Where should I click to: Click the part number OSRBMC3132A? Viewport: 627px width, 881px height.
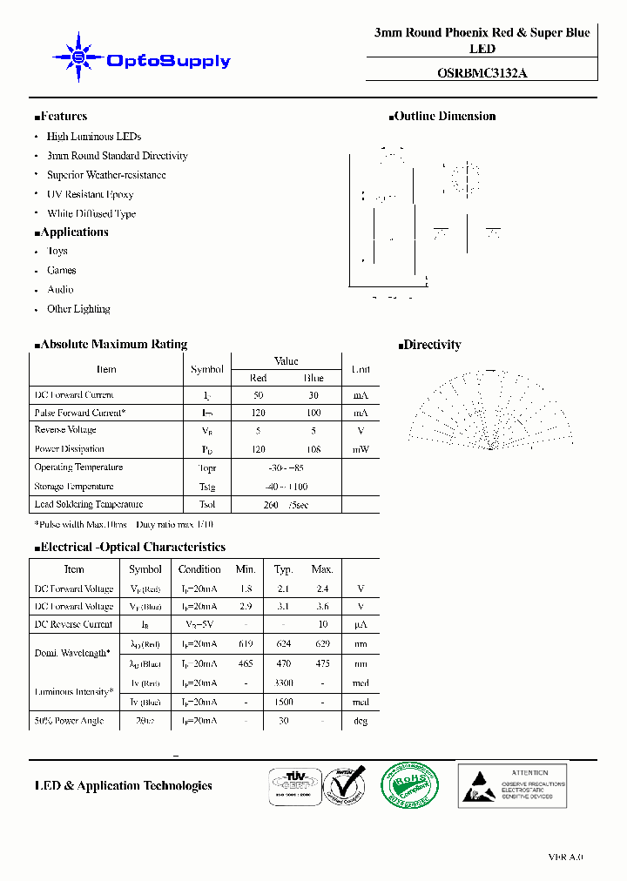(482, 74)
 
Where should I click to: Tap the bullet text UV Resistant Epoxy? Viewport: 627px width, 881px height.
(90, 194)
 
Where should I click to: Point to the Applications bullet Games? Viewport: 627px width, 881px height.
(61, 271)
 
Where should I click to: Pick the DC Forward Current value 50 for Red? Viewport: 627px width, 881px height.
(259, 395)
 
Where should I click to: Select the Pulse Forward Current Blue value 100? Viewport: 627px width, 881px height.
(313, 413)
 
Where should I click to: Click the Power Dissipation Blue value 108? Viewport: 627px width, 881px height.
(313, 449)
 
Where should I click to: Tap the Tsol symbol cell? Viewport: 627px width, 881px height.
(207, 505)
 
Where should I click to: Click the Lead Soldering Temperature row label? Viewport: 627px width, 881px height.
(88, 505)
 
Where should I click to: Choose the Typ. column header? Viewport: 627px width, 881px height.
(284, 569)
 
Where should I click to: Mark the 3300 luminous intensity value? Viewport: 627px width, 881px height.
(284, 683)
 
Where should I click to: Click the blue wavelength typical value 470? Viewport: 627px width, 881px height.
(284, 663)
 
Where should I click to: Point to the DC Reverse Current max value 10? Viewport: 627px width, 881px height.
(322, 624)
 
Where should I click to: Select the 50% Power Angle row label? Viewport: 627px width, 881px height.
(69, 721)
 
